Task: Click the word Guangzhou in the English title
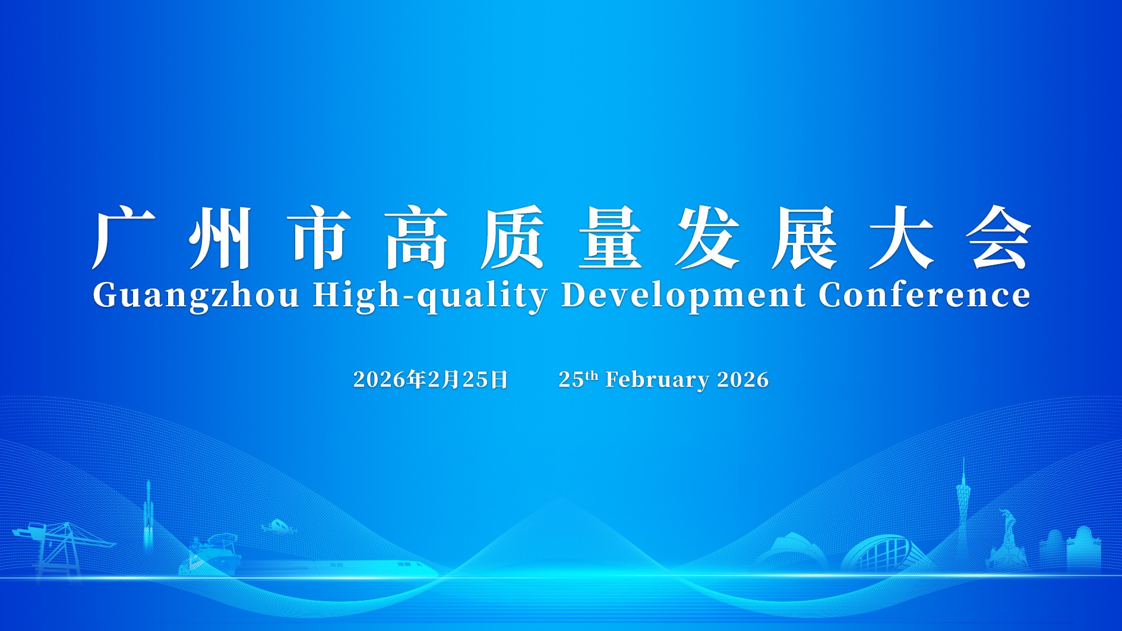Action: point(195,296)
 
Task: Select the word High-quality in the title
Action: point(430,296)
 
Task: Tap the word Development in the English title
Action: point(683,296)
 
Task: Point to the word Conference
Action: point(924,294)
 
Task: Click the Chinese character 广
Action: point(124,237)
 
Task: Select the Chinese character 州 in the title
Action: point(220,237)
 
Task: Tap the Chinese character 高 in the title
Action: point(415,237)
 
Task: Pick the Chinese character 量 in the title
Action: point(610,237)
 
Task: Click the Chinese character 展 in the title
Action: point(804,237)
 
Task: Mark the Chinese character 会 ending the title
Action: point(998,237)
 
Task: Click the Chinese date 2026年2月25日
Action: point(431,379)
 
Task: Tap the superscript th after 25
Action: point(591,375)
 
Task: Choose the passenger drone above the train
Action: point(277,526)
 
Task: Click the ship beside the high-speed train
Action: point(214,555)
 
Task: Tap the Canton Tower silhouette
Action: point(963,510)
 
